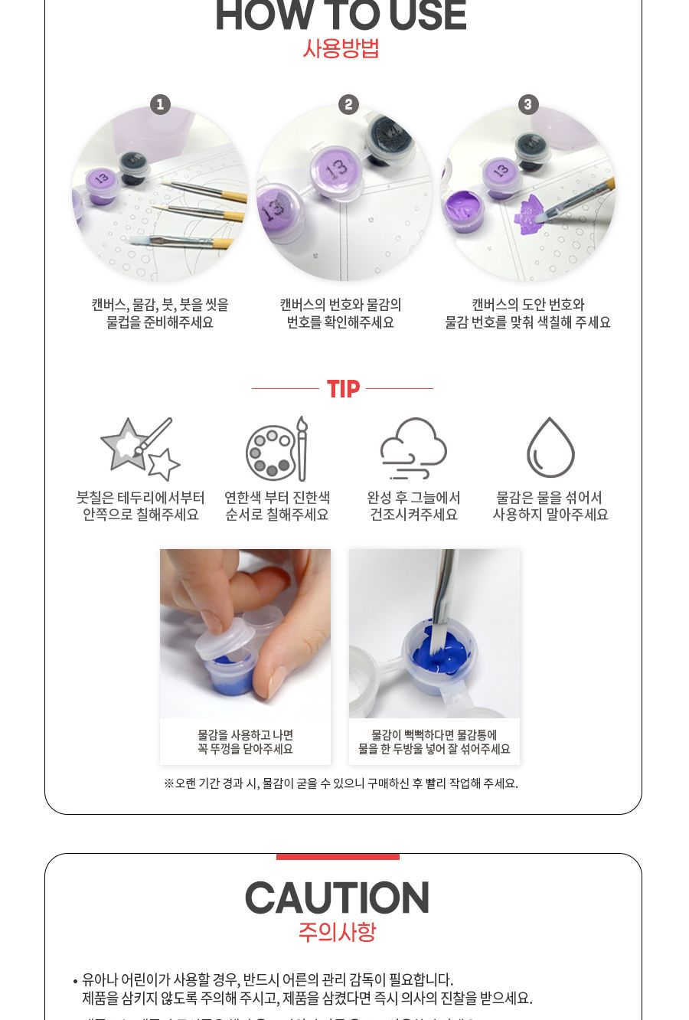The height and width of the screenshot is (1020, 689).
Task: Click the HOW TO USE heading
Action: tap(341, 17)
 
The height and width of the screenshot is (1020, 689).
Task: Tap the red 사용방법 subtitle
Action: tap(341, 49)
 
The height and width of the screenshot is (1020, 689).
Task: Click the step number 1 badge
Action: tap(159, 104)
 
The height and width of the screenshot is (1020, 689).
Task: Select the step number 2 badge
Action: tap(348, 104)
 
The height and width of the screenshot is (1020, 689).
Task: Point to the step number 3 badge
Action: tap(528, 104)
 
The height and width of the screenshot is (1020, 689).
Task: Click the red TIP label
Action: tap(343, 389)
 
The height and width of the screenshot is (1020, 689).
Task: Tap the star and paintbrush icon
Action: tap(140, 449)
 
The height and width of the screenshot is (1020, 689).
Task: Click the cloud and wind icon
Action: tap(413, 449)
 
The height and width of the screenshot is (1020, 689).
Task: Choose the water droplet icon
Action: tap(550, 448)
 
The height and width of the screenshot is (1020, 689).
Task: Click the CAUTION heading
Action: tap(337, 898)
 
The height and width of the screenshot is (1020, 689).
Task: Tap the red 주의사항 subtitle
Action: tap(337, 932)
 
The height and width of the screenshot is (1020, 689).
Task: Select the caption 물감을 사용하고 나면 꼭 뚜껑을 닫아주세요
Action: tap(245, 742)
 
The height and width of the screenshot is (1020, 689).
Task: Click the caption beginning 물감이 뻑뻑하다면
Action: tap(434, 742)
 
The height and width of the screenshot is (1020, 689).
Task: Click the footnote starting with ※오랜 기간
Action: tap(341, 783)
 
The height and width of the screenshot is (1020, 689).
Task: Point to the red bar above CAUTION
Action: tap(338, 856)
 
